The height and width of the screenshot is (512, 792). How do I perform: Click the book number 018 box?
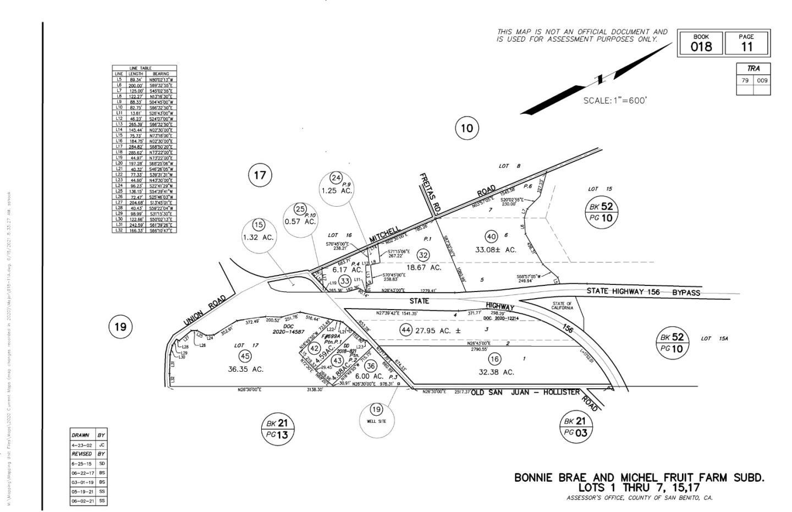(701, 43)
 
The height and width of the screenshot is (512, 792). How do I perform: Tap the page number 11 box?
(746, 43)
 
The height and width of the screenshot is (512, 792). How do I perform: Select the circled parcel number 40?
(491, 236)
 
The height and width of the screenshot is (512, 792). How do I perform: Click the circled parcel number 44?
(406, 330)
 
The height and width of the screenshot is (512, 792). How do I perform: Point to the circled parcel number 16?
(494, 359)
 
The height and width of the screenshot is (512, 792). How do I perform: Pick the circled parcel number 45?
(245, 356)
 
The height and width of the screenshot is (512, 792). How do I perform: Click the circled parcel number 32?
(423, 255)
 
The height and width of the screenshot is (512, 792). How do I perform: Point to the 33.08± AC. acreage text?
(496, 250)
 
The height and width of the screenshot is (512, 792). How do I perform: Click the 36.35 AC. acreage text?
(245, 369)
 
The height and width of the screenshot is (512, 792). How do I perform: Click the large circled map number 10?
(466, 129)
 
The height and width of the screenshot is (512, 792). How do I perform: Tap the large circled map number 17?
(260, 175)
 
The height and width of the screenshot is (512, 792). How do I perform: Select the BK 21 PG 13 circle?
(277, 429)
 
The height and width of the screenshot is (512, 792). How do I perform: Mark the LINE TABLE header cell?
(144, 68)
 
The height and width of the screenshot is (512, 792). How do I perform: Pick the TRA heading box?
(753, 69)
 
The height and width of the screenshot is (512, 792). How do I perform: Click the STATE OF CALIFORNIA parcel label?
(562, 306)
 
